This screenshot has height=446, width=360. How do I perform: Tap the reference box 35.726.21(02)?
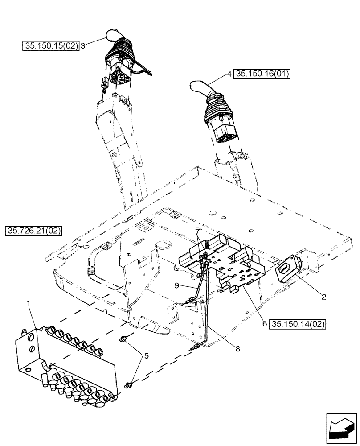point(34,231)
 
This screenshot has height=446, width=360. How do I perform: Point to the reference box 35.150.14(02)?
point(298,324)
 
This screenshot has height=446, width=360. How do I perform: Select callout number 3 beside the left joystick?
point(83,45)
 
